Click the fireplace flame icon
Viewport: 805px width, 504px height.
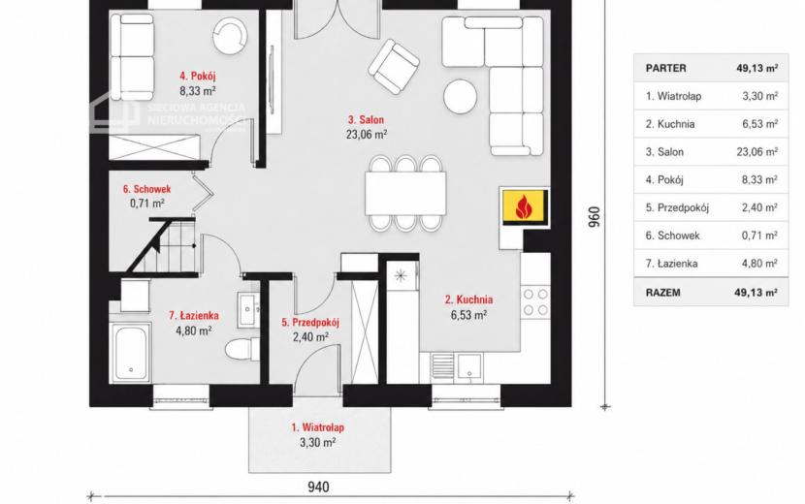[523, 206]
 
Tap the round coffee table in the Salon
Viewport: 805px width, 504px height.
[461, 97]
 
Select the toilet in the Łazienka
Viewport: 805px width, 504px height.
[242, 350]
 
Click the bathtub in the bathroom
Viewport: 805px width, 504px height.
[131, 353]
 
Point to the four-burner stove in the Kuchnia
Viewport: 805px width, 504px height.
[535, 301]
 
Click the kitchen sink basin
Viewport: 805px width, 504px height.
[469, 367]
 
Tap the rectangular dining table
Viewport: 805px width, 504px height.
[405, 194]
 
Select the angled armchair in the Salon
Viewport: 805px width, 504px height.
[394, 67]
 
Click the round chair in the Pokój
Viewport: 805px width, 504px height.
[230, 36]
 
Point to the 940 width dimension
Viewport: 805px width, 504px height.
[318, 487]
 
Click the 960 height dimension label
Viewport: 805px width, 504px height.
[594, 217]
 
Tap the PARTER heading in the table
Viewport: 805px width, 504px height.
[666, 68]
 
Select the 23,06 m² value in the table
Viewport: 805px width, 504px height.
[757, 152]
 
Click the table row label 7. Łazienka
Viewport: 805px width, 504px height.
[671, 264]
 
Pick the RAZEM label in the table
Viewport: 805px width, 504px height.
[662, 293]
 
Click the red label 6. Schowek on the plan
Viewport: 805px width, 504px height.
[146, 189]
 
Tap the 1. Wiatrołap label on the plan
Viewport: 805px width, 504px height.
[318, 427]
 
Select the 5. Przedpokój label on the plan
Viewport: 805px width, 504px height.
[310, 323]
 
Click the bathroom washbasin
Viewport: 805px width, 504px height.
[248, 310]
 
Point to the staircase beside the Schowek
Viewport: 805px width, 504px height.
[162, 246]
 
